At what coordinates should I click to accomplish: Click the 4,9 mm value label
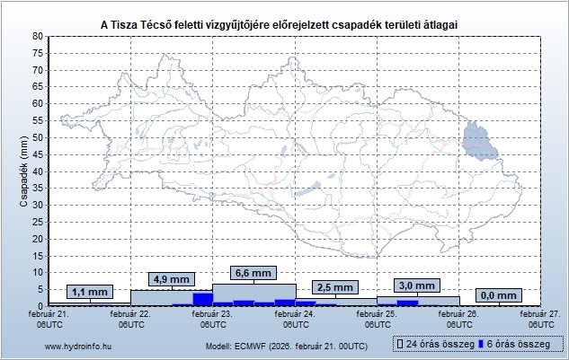click(x=171, y=279)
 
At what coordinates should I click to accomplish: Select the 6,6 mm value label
click(x=253, y=273)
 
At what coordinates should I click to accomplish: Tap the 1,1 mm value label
click(x=89, y=292)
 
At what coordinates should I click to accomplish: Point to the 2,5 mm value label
click(x=335, y=287)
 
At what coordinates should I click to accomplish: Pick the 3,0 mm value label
click(x=417, y=285)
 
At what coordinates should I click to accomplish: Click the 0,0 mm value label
click(x=499, y=294)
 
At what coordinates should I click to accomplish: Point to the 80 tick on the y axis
click(x=37, y=36)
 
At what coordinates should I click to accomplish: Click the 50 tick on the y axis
click(x=37, y=137)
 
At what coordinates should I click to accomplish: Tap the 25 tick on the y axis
click(x=37, y=222)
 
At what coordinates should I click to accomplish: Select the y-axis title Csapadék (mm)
click(x=24, y=171)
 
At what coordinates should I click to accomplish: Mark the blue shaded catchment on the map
click(x=479, y=141)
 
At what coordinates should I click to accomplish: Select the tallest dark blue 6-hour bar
click(x=202, y=299)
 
